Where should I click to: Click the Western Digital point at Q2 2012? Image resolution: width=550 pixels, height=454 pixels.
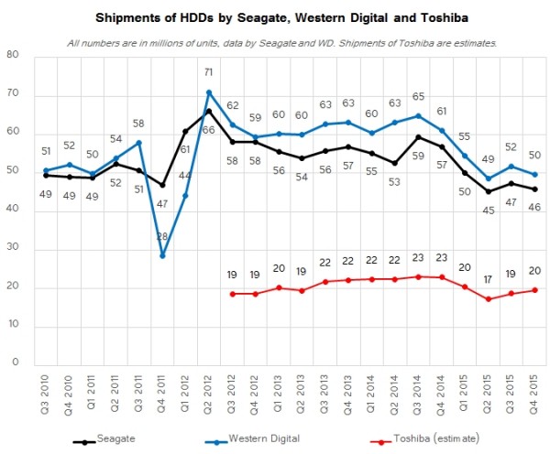coord(210,92)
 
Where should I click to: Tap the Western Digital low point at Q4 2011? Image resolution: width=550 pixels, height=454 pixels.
coord(163,255)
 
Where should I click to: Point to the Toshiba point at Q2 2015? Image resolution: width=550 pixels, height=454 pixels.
coord(489,299)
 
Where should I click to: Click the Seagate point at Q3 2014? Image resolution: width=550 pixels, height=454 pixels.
coord(419,137)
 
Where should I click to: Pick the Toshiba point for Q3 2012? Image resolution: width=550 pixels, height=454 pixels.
coord(233,294)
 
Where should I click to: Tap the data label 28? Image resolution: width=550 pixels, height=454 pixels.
coord(163,237)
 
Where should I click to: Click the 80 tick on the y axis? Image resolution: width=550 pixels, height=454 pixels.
coord(14,55)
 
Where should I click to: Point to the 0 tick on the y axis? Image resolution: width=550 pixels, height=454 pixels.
coord(16,364)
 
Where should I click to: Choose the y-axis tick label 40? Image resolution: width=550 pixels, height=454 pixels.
coord(14,210)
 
